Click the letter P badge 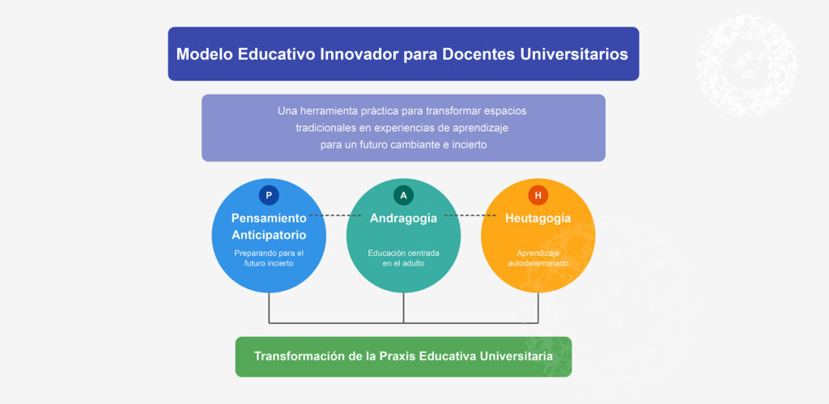tap(269, 195)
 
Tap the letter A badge tap(403, 195)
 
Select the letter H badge tap(538, 195)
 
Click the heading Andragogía tap(403, 218)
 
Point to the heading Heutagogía tap(538, 218)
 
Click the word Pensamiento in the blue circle tap(269, 218)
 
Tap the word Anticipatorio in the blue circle tap(269, 235)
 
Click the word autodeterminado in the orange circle tap(538, 263)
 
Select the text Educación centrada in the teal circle tap(403, 253)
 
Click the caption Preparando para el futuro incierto tap(269, 257)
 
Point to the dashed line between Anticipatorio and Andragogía tap(338, 215)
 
